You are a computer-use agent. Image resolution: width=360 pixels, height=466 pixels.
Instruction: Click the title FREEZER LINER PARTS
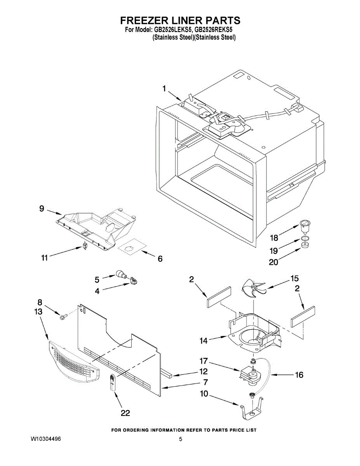tap(180, 20)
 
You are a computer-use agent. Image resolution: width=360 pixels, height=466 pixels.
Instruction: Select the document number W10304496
tap(46, 439)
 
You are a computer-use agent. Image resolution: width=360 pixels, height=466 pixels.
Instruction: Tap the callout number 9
tap(42, 209)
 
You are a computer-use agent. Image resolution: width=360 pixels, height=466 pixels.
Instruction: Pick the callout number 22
tap(125, 413)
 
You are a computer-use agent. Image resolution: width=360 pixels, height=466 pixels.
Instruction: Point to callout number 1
tap(164, 89)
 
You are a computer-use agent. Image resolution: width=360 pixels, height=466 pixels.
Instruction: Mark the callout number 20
tap(273, 262)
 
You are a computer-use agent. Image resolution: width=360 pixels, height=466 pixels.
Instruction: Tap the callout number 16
tap(299, 375)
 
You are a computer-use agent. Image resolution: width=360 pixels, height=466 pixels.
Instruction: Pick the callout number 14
tap(204, 341)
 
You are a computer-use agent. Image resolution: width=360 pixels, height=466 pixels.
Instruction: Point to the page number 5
tap(180, 439)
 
